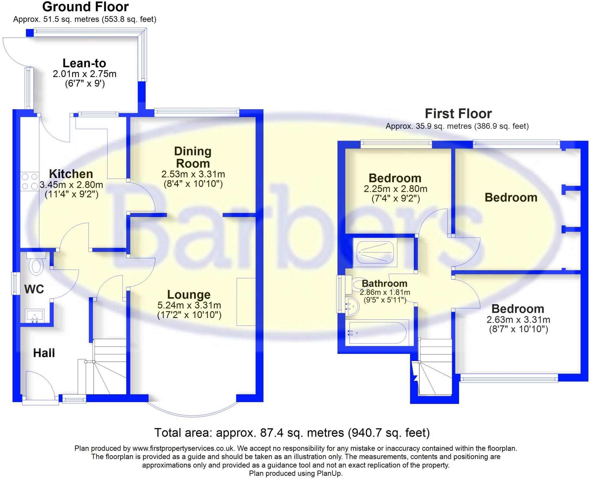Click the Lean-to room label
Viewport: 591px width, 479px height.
(x=84, y=63)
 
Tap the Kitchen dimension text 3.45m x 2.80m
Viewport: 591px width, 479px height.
(x=71, y=184)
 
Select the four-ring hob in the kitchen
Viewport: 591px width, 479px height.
(x=30, y=182)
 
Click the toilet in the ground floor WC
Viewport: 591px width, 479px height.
(x=36, y=265)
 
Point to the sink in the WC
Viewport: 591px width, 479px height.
(x=35, y=315)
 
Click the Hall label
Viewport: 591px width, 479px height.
(x=44, y=353)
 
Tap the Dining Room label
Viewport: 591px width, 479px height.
(x=193, y=157)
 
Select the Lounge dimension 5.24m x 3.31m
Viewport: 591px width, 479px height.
(x=189, y=305)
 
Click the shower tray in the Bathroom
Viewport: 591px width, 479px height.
(x=375, y=252)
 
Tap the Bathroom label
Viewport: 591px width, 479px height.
(x=384, y=283)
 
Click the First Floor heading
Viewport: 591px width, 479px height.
(x=458, y=114)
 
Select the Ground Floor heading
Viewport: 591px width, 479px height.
(x=85, y=7)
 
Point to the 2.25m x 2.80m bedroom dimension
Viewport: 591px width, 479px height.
(x=395, y=189)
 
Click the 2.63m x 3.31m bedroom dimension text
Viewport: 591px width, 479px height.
(x=518, y=320)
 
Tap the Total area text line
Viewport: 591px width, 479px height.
(x=292, y=433)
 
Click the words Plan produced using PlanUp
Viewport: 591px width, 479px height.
(x=295, y=473)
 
